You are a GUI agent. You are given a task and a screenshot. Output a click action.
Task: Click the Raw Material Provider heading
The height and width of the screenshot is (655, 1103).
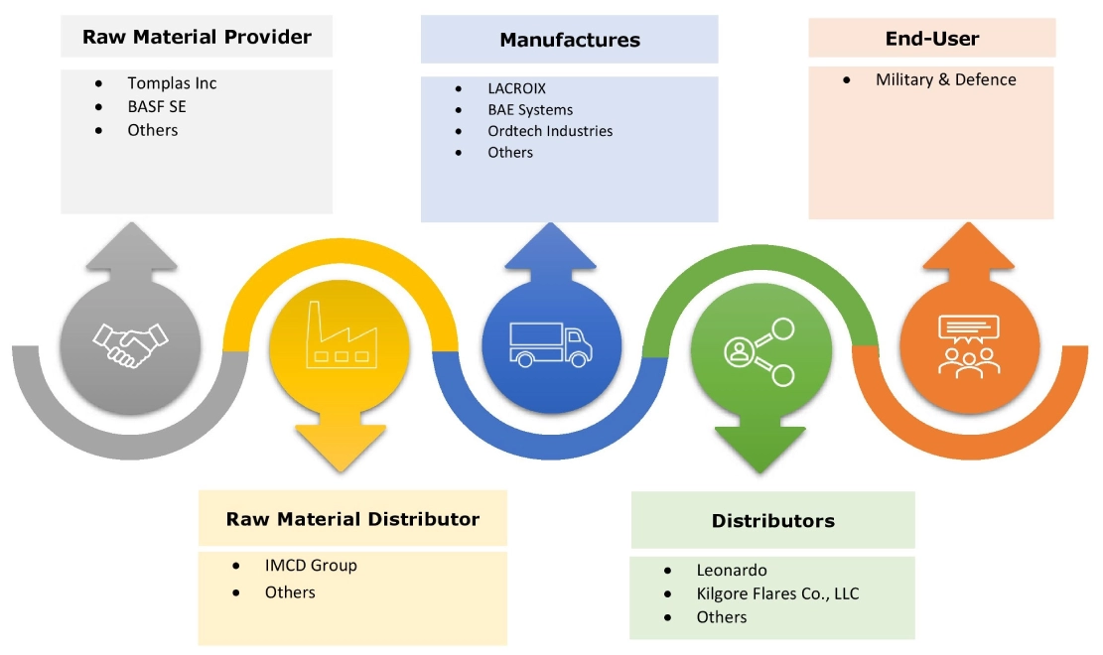coord(197,38)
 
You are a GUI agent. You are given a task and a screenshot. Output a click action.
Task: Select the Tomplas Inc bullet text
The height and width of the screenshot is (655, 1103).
coord(172,83)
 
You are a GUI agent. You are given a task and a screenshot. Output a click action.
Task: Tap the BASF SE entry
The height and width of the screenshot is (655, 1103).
coord(156,106)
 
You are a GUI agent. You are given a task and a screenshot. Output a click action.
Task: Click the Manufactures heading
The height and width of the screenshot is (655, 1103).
coord(570,41)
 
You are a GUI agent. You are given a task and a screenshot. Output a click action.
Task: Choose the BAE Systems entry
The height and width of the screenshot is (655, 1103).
coord(530,110)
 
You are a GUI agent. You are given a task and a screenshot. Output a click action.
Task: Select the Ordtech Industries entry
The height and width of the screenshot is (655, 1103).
coord(550,131)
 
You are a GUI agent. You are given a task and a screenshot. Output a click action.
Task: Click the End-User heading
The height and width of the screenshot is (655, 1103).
coord(931,40)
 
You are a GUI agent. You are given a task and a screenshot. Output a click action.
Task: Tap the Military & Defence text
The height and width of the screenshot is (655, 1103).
coord(945,79)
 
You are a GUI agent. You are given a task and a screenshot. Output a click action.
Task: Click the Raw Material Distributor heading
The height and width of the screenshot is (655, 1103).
coord(352,519)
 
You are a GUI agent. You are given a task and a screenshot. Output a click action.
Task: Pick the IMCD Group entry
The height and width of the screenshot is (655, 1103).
coord(311,566)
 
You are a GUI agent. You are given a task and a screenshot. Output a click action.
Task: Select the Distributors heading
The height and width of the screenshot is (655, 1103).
coord(772,521)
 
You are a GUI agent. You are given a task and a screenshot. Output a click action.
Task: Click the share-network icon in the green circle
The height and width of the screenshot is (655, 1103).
coord(759,350)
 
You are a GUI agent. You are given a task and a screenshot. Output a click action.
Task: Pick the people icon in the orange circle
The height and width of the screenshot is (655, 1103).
coord(968,343)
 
